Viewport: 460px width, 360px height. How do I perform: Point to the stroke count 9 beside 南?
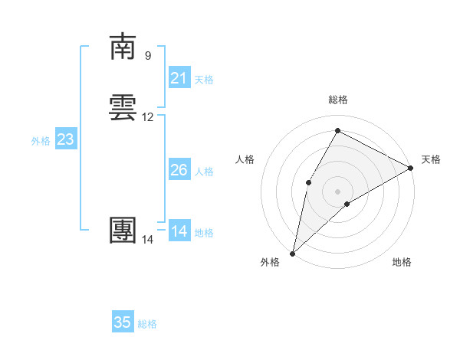click(x=148, y=55)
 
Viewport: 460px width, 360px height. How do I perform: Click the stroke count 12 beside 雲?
click(x=148, y=117)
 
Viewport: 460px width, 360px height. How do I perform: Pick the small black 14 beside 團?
click(x=148, y=240)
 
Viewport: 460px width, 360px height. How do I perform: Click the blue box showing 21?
click(x=179, y=78)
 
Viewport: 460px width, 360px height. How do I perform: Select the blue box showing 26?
click(x=179, y=170)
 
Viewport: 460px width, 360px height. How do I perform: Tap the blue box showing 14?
click(x=179, y=231)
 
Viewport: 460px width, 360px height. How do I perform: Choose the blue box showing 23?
click(x=65, y=139)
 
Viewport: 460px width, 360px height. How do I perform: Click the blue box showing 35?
click(x=123, y=322)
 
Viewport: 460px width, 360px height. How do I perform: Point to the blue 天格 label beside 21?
click(x=204, y=80)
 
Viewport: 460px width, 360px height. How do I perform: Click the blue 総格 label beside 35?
click(x=147, y=324)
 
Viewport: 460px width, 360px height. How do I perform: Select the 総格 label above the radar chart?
click(x=338, y=100)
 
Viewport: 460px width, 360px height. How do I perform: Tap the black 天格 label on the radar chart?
click(x=431, y=159)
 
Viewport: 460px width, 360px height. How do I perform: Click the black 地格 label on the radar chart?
click(x=402, y=262)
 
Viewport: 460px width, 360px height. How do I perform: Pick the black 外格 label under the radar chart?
click(x=270, y=262)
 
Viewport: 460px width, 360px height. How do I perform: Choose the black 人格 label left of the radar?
click(x=245, y=159)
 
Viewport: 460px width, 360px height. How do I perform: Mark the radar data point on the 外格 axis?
click(x=292, y=253)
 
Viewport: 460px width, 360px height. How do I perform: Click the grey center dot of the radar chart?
click(x=337, y=190)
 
